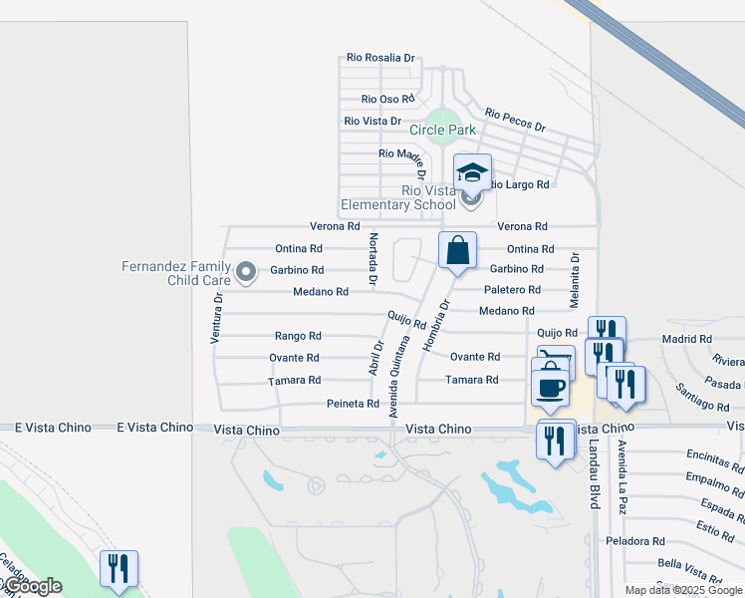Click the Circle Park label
442,130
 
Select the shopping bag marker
457,250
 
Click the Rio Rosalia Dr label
380,59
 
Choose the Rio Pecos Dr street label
515,121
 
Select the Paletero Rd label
512,290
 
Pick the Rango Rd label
298,336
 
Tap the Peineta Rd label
353,404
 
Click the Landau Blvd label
595,474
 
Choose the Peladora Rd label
635,541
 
